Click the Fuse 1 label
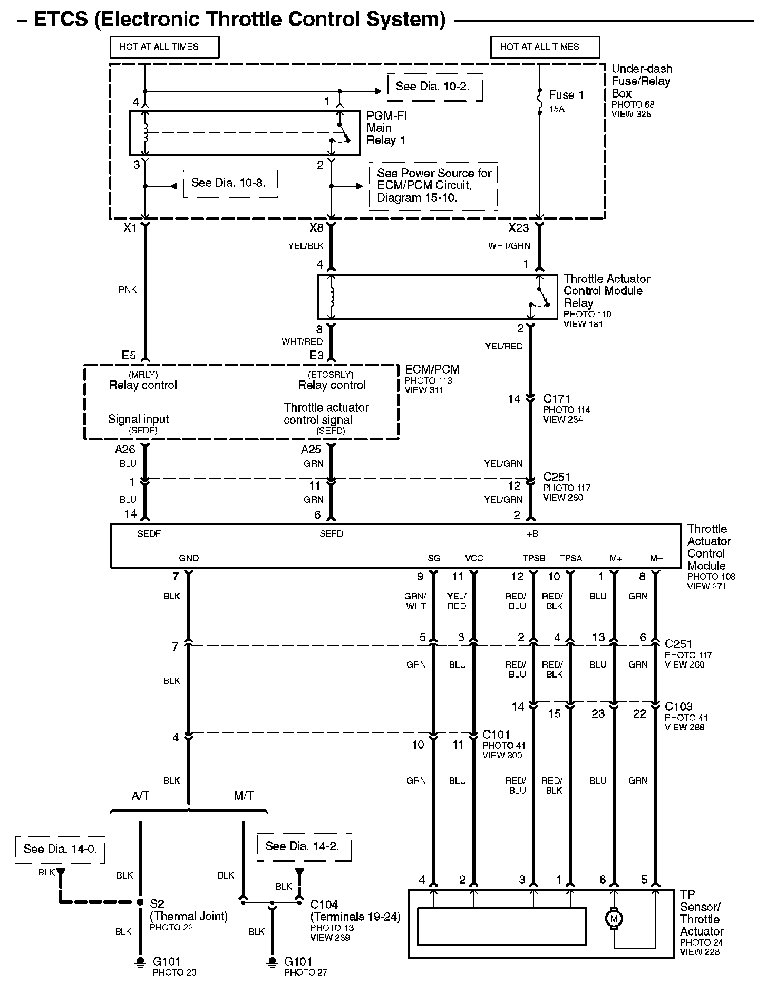(x=566, y=95)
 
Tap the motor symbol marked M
(x=614, y=919)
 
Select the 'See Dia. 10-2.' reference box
(x=433, y=87)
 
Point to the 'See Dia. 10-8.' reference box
(x=228, y=183)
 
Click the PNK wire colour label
(x=128, y=290)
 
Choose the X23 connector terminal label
(x=518, y=228)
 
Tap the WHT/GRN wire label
(x=509, y=246)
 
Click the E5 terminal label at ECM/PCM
(x=129, y=356)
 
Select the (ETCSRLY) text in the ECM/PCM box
(x=331, y=375)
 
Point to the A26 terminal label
(x=125, y=450)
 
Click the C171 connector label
(x=557, y=399)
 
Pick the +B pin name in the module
(x=532, y=534)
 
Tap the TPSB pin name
(x=534, y=558)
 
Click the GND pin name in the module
(x=189, y=558)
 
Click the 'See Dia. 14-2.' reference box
(x=302, y=846)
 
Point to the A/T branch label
(x=140, y=796)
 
